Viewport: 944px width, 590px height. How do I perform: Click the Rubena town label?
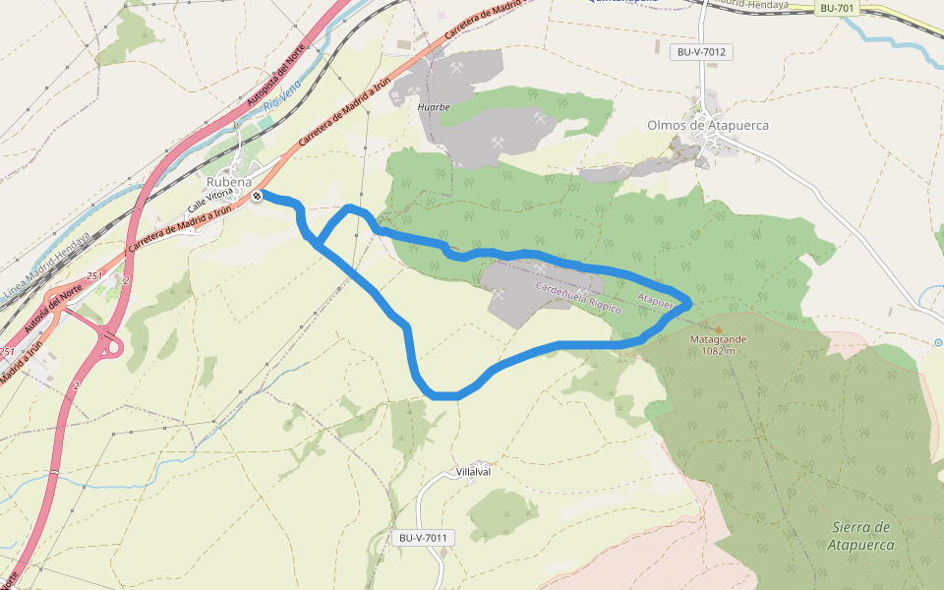tap(229, 182)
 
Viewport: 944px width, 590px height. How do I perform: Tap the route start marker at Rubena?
tap(257, 196)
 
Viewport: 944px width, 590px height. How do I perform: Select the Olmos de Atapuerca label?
tap(708, 125)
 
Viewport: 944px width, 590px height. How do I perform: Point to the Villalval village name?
tap(474, 472)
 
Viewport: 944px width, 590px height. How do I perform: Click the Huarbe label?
tap(434, 106)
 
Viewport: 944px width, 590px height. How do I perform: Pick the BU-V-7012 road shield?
tap(704, 51)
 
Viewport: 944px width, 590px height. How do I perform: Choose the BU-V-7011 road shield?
tap(424, 538)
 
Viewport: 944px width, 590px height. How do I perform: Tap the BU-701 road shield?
tap(837, 9)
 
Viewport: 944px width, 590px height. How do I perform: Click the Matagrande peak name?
tap(719, 339)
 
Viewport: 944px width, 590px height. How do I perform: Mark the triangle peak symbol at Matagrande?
tap(718, 328)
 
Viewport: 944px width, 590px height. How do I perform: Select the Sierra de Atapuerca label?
tap(860, 535)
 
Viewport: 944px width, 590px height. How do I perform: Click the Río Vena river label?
tap(282, 103)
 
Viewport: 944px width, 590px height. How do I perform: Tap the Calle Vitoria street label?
tap(210, 202)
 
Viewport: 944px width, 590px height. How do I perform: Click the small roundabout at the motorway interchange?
tap(112, 346)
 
